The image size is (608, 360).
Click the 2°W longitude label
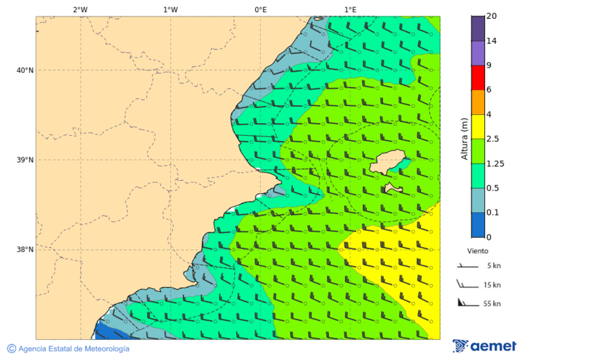coord(80,9)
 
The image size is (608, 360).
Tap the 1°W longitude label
coord(170,9)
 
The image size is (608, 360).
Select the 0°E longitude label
coord(260,9)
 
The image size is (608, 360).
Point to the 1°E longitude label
coord(350,9)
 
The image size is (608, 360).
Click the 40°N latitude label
coord(25,70)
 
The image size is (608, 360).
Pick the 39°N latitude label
coord(25,160)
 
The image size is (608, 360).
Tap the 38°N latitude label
coord(25,249)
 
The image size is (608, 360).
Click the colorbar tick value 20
coord(492,16)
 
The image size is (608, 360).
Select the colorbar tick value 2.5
coord(493,139)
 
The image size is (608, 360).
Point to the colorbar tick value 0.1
coord(493,213)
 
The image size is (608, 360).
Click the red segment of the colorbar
coord(478,77)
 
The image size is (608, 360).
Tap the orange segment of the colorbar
coord(478,102)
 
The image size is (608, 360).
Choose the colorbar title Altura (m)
coord(464,138)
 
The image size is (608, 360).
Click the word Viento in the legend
coord(478,251)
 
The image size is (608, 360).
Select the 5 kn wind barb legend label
coord(493,266)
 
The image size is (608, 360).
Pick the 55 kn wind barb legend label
coord(492,304)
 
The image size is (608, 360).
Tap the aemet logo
coord(484,346)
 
